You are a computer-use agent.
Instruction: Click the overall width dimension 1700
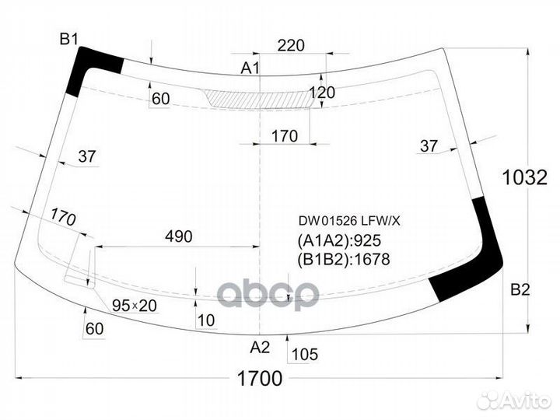tap(258, 380)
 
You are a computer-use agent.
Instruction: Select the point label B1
tap(70, 38)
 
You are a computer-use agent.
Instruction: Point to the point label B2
tap(520, 290)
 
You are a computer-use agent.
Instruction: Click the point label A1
tap(250, 68)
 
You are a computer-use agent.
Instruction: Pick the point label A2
tap(260, 347)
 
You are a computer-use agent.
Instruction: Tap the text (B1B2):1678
tap(343, 260)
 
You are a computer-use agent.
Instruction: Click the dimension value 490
tap(177, 236)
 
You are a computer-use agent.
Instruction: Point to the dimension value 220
tap(290, 45)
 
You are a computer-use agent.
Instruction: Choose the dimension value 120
tap(321, 93)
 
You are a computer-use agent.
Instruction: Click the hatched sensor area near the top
tap(257, 99)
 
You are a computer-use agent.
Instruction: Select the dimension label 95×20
tap(134, 306)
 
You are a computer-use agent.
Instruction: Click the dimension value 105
tap(304, 355)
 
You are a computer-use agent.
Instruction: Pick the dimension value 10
tap(205, 319)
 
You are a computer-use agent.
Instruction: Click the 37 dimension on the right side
tap(429, 145)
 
